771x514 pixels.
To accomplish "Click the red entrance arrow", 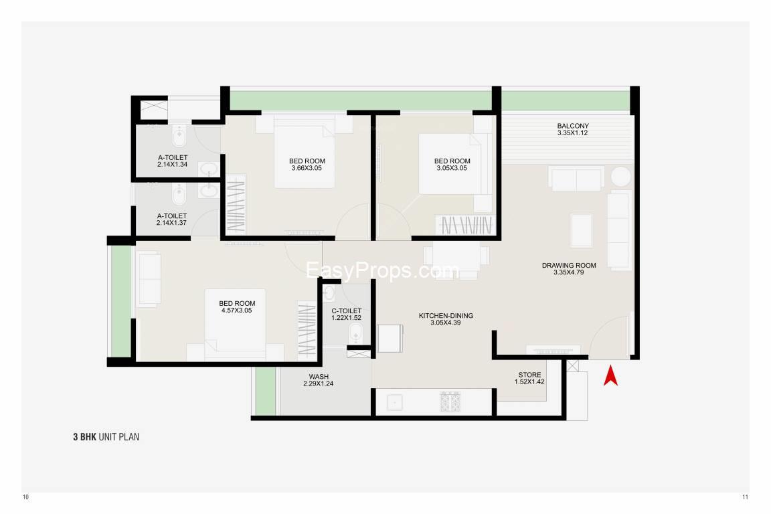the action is (610, 375).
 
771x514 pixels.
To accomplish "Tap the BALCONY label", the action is (573, 126).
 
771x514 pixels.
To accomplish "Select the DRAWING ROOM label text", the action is (569, 265).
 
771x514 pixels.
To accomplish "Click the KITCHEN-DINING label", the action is (446, 315).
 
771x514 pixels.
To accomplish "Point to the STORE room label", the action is (529, 374).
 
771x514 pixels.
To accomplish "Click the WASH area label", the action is (319, 376).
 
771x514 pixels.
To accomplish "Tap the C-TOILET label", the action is (347, 311).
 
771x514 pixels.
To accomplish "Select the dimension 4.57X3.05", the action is (236, 311).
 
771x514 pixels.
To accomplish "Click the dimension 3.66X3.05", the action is (307, 168).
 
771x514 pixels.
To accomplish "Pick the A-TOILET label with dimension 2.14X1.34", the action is (173, 161).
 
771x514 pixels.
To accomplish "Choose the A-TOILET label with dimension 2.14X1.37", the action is (171, 219).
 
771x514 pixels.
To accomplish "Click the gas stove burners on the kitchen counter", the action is (450, 402).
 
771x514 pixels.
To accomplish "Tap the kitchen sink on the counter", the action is (395, 402).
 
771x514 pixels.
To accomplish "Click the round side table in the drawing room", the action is (621, 177).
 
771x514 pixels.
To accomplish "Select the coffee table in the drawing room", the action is (582, 230).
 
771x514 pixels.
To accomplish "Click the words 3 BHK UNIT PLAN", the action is (106, 437).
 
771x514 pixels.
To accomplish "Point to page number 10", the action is (25, 497).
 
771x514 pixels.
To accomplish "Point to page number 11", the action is (746, 497).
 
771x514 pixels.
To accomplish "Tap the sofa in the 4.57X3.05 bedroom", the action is (148, 279).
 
